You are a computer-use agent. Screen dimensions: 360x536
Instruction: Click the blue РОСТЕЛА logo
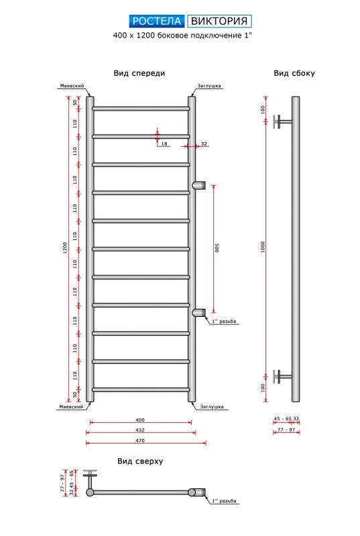coord(157,21)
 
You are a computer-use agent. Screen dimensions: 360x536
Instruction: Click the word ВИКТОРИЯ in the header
coord(219,21)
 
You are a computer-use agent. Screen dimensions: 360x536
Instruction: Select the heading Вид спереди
coord(139,73)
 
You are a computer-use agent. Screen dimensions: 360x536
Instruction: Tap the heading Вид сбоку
coord(294,73)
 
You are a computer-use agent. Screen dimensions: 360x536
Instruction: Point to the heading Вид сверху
coord(140,461)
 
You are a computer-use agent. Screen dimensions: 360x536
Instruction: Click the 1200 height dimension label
coord(65,248)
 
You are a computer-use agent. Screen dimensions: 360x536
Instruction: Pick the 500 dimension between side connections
coord(217,248)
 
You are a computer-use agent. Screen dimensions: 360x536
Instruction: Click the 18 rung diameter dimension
coord(164,144)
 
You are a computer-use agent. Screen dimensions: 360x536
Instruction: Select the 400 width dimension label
coord(140,420)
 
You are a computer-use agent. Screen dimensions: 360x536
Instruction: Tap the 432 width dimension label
coord(140,430)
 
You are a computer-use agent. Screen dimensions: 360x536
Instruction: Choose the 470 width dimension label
coord(140,441)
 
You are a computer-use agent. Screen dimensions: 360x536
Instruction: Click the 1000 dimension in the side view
coord(263,247)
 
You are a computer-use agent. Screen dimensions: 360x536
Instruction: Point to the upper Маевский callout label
coord(72,86)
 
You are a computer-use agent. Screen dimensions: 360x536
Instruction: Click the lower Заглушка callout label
coord(212,407)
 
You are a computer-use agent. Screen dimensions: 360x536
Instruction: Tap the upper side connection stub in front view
coord(199,186)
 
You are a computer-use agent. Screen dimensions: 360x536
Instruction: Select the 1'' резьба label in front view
coord(224,322)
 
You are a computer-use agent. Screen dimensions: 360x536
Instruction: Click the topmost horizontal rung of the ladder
coord(141,109)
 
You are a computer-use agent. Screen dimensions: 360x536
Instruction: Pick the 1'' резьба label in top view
coord(224,500)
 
